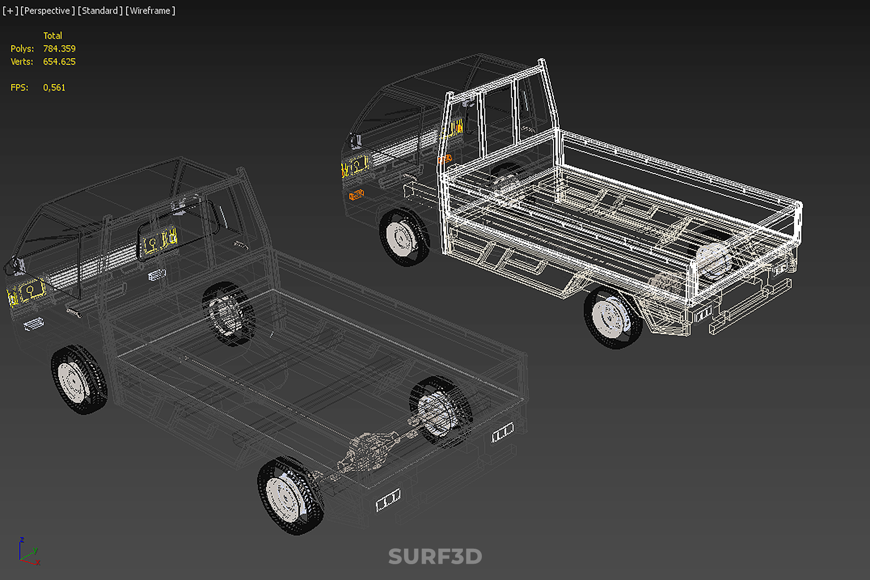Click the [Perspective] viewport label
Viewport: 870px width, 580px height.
[48, 11]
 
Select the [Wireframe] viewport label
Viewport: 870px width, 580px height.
[150, 11]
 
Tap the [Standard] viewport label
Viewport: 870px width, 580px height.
[100, 11]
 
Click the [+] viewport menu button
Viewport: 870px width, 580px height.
[10, 11]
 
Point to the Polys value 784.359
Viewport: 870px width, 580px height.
[59, 48]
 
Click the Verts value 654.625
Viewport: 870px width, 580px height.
[59, 62]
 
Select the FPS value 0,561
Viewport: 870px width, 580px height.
[54, 87]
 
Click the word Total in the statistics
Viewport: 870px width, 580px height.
[53, 35]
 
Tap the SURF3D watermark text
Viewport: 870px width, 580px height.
[435, 556]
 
